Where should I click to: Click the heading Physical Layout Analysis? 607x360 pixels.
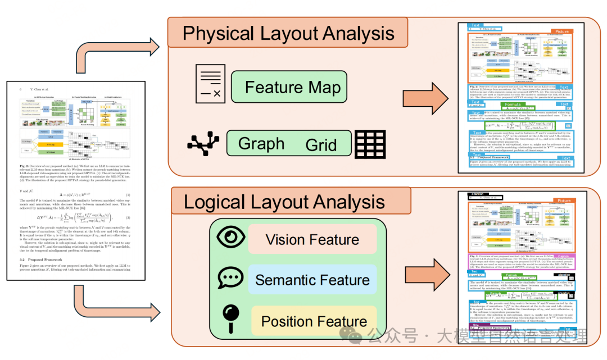(x=288, y=34)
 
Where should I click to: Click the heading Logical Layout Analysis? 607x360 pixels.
(x=284, y=202)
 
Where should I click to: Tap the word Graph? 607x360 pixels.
(x=261, y=144)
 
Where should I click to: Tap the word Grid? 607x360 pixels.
(x=321, y=145)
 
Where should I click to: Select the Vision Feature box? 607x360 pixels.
(x=312, y=240)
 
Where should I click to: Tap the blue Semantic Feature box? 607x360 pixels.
(x=312, y=280)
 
